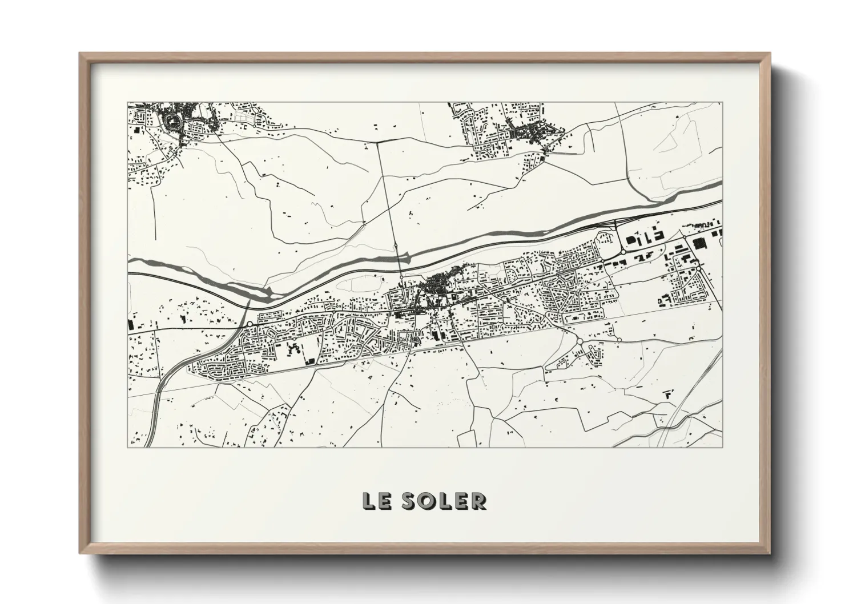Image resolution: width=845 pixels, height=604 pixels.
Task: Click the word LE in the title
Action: (x=375, y=501)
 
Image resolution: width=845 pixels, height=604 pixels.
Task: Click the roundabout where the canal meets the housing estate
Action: (x=250, y=324)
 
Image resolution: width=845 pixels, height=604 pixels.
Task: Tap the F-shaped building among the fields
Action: (x=666, y=394)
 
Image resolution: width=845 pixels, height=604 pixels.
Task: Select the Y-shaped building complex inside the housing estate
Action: (x=293, y=348)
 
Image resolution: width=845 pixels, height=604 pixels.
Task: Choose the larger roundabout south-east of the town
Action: (x=580, y=341)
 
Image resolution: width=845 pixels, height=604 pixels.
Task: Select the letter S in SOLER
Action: (x=409, y=501)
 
